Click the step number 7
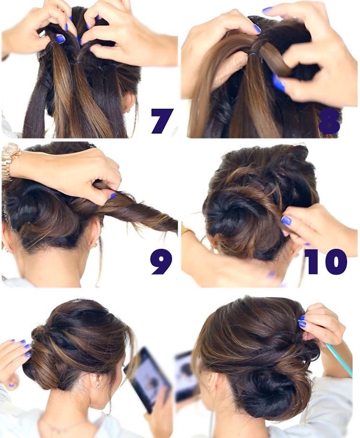pos(162,121)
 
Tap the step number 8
pos(329,121)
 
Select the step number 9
pos(161,262)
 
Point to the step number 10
pos(325,261)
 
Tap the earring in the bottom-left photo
pos(98,386)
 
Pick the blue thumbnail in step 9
pos(113,196)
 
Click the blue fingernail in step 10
pos(286,221)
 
